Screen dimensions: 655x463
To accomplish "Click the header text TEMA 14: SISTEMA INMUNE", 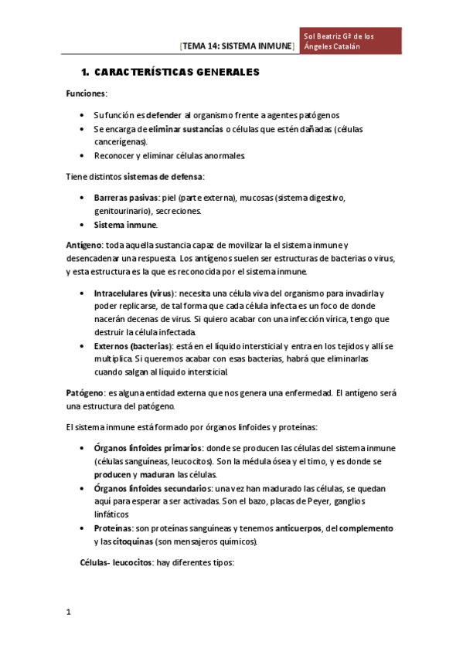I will point(237,46).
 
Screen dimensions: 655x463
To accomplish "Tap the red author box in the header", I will point(352,41).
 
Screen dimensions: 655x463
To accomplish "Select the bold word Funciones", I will point(86,93).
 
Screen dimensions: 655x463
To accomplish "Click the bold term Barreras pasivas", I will point(121,198).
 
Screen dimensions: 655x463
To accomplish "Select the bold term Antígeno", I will point(85,245).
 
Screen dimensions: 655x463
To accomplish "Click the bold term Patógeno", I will point(85,393).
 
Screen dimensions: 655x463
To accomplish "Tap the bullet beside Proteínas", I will point(83,528).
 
